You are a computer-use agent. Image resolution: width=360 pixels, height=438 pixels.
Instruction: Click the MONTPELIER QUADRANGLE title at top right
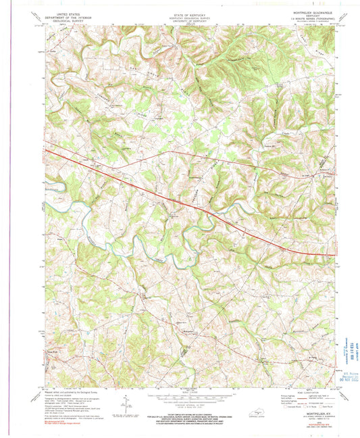pyautogui.click(x=294, y=14)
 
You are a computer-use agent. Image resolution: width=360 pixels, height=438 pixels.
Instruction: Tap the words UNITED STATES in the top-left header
pyautogui.click(x=67, y=14)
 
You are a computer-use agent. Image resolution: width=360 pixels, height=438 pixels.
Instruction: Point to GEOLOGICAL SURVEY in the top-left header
pyautogui.click(x=67, y=21)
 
